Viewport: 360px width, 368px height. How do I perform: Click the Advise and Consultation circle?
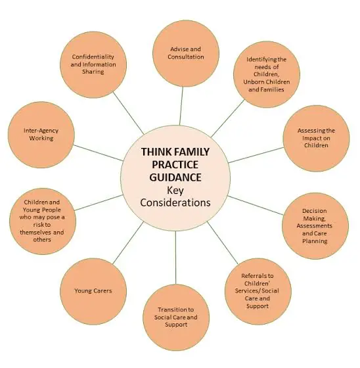point(186,53)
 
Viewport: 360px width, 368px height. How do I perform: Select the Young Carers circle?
point(93,291)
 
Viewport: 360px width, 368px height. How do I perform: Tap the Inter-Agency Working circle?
point(41,135)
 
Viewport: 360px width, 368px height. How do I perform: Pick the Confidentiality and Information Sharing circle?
point(93,64)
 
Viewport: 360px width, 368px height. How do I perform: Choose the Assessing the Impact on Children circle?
point(316,138)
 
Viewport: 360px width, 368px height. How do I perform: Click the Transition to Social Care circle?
point(176,317)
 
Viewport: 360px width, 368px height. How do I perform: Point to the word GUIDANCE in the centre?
point(175,177)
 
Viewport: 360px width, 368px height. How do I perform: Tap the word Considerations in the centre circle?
point(175,203)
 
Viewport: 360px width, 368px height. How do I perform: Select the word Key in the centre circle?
point(175,191)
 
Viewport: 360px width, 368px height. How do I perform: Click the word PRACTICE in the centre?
point(175,165)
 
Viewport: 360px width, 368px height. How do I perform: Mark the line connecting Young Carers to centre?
point(128,242)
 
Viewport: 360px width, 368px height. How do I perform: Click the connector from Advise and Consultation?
point(181,106)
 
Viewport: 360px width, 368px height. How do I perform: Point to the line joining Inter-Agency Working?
point(99,152)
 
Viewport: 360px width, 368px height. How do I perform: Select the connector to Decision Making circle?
point(256,205)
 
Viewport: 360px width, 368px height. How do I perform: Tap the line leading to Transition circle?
point(176,258)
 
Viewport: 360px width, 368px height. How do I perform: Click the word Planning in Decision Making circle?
point(315,241)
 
